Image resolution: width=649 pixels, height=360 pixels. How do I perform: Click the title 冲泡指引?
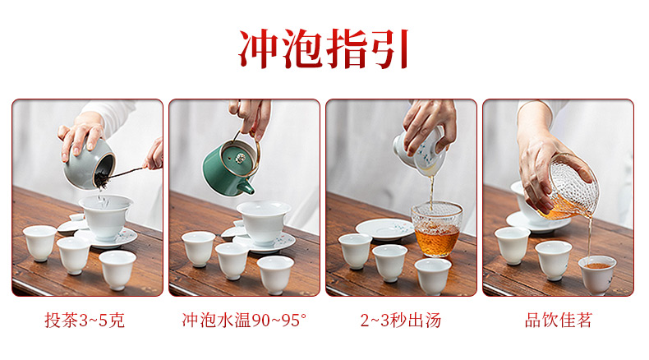click(x=324, y=48)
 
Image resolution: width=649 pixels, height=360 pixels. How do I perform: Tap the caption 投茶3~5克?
click(x=85, y=321)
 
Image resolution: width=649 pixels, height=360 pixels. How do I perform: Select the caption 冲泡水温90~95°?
click(x=244, y=321)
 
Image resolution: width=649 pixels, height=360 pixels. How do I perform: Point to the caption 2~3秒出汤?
click(x=401, y=321)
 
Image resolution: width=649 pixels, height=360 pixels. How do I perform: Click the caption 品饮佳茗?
click(x=559, y=321)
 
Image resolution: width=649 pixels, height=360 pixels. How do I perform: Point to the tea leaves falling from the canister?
click(x=100, y=181)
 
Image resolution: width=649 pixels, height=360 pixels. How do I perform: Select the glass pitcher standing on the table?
click(x=437, y=229)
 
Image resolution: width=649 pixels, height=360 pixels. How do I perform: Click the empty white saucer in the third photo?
click(x=384, y=229)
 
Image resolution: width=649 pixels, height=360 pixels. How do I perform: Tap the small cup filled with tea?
click(x=597, y=275)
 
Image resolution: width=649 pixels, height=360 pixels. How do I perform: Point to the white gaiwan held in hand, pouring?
click(x=420, y=152)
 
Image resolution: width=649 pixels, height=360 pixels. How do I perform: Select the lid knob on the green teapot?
click(x=240, y=158)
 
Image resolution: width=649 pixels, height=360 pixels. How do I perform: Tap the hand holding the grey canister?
click(x=81, y=136)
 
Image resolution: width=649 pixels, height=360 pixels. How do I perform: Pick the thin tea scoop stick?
click(x=127, y=173)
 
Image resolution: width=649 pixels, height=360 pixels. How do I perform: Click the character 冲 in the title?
click(x=259, y=48)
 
